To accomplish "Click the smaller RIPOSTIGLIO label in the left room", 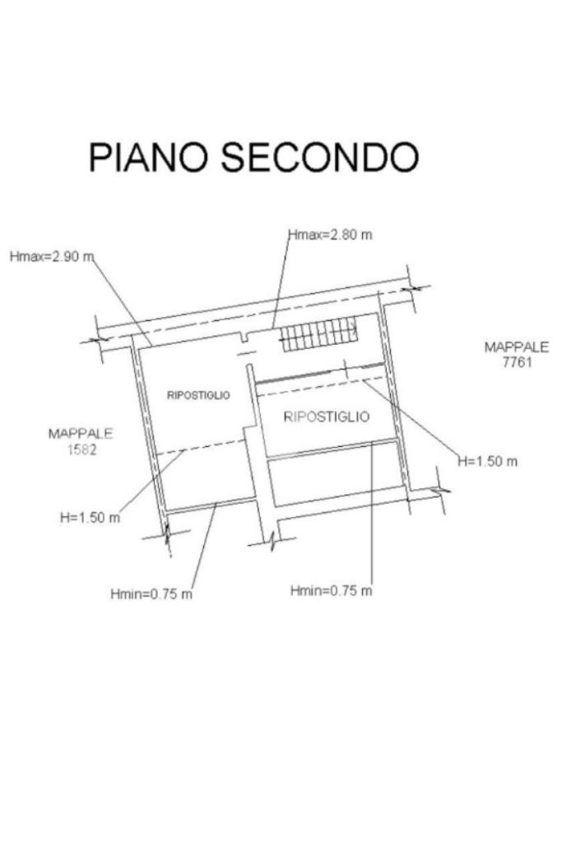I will (198, 395).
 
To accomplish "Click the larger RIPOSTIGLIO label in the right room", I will (326, 417).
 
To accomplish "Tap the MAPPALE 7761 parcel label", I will (516, 354).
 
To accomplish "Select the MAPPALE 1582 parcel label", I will (81, 440).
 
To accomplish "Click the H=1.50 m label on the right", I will (488, 461).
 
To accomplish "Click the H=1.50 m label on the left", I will (90, 518).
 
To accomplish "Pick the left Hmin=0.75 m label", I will (151, 594).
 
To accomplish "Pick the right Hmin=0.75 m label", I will (332, 590).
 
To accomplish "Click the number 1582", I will (81, 449).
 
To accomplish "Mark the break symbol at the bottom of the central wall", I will (272, 541).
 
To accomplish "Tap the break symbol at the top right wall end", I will (416, 288).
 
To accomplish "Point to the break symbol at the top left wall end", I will (103, 338).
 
